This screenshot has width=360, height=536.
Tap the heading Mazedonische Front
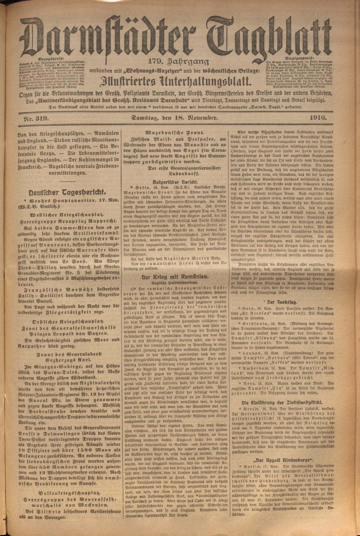179,132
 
